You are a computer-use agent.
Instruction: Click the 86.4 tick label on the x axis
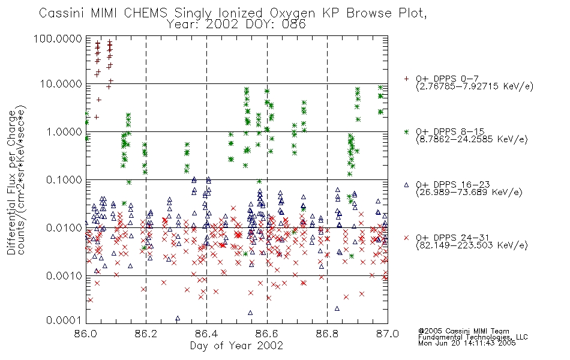[206, 334]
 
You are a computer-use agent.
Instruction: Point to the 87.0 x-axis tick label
[388, 334]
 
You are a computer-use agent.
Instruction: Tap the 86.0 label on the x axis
[86, 334]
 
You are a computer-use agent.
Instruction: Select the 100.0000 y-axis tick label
[58, 38]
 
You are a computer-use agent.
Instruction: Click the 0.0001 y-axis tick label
[64, 320]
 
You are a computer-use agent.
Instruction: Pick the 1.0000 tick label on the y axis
[64, 131]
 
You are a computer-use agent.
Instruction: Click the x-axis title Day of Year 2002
[236, 346]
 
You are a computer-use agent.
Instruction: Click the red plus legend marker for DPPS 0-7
[406, 79]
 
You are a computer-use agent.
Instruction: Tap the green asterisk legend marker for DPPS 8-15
[406, 131]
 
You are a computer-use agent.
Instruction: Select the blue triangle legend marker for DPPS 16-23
[406, 185]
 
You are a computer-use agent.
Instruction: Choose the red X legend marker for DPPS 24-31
[406, 238]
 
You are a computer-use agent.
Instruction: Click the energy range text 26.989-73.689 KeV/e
[469, 193]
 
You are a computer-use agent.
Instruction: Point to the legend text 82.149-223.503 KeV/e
[472, 245]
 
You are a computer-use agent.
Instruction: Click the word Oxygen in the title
[292, 13]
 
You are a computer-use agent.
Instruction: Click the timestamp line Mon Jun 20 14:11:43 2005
[467, 343]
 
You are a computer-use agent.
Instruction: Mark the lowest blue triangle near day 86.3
[178, 318]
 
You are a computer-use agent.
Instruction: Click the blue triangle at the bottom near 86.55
[250, 313]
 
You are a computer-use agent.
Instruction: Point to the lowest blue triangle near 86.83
[337, 308]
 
